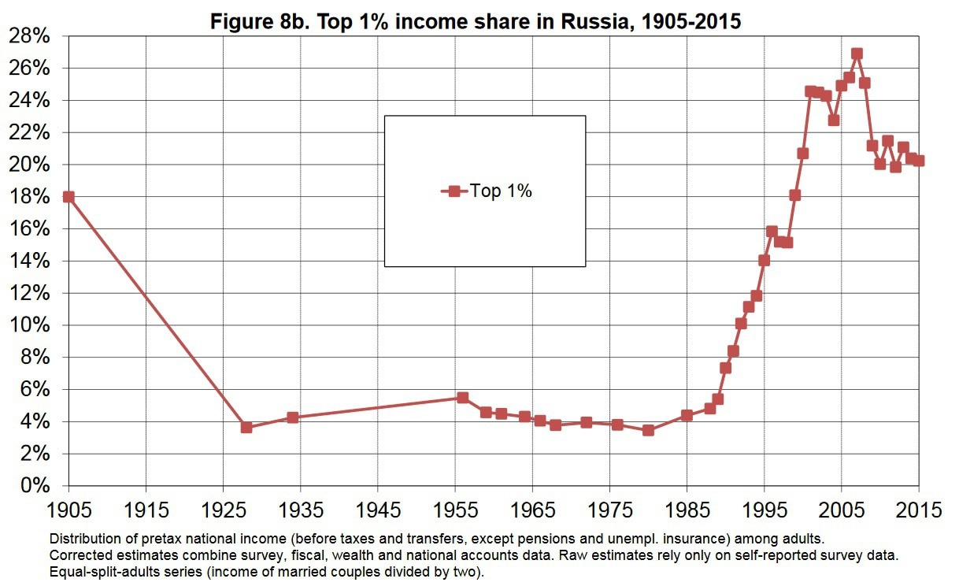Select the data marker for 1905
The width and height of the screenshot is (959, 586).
68,197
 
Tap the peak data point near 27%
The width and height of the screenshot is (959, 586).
857,54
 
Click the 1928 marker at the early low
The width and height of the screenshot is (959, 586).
246,427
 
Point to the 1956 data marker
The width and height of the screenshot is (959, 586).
462,398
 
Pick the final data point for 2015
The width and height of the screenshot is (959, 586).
918,161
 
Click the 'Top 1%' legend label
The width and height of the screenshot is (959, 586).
501,191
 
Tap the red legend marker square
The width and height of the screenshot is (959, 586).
454,191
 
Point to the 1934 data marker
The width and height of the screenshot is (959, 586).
293,417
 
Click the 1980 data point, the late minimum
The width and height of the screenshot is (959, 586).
648,430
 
